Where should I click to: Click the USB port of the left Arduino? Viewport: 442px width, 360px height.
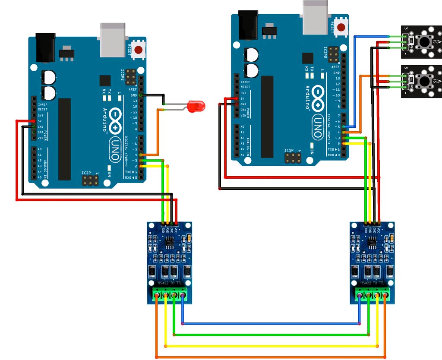(113, 39)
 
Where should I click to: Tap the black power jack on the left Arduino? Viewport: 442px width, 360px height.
(45, 47)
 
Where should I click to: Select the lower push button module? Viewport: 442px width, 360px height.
(421, 81)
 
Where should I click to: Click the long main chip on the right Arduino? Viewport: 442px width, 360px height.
(267, 117)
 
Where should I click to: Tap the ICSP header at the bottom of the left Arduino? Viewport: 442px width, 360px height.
(89, 180)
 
